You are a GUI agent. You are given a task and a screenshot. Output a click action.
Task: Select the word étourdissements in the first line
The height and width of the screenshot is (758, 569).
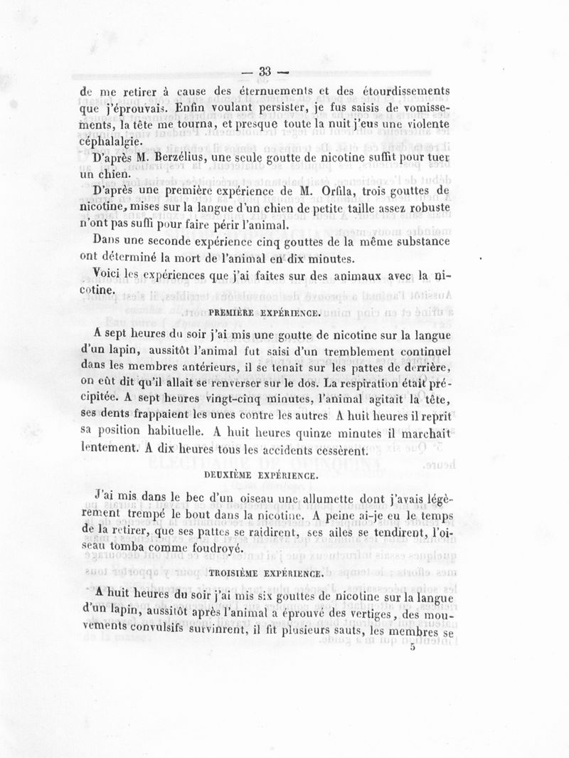tap(391, 91)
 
